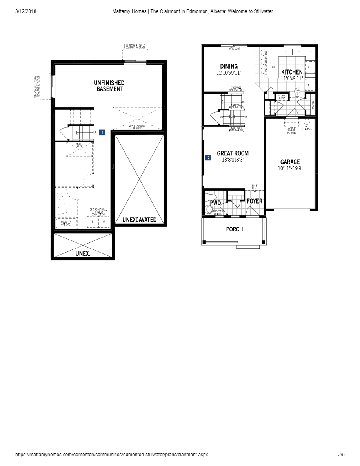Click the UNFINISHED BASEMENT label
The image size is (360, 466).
point(109,86)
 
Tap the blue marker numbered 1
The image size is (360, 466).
point(102,133)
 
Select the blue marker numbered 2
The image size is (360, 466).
point(208,158)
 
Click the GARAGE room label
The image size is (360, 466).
point(290,162)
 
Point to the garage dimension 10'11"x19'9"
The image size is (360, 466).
point(290,168)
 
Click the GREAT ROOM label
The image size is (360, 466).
point(233,153)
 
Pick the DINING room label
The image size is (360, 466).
point(229,66)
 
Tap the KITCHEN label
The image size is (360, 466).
point(292,72)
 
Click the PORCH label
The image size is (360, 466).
point(234,229)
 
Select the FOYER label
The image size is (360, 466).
point(254,201)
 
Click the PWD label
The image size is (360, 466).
point(215,203)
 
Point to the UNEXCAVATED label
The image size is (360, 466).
point(139,220)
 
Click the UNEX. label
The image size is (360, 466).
point(83,254)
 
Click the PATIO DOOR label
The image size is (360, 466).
point(234,49)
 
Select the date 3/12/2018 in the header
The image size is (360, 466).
point(25,11)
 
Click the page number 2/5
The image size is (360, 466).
point(341,455)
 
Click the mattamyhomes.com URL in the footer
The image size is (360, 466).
point(111,455)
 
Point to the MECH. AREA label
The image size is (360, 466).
point(79,146)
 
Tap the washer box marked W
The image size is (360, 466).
point(104,222)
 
